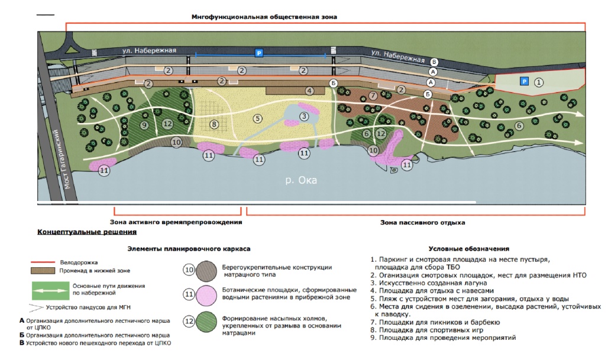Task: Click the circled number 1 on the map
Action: point(538,83)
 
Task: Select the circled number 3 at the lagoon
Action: point(303,116)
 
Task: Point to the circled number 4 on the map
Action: point(309,90)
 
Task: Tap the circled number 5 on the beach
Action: point(257,118)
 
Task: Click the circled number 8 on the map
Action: point(214,124)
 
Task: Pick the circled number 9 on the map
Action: point(144,125)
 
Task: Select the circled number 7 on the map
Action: point(373,96)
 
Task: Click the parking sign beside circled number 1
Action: point(523,81)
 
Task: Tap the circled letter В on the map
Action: point(435,61)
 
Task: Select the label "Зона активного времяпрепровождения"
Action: point(176,223)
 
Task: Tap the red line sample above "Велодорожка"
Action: point(46,261)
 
